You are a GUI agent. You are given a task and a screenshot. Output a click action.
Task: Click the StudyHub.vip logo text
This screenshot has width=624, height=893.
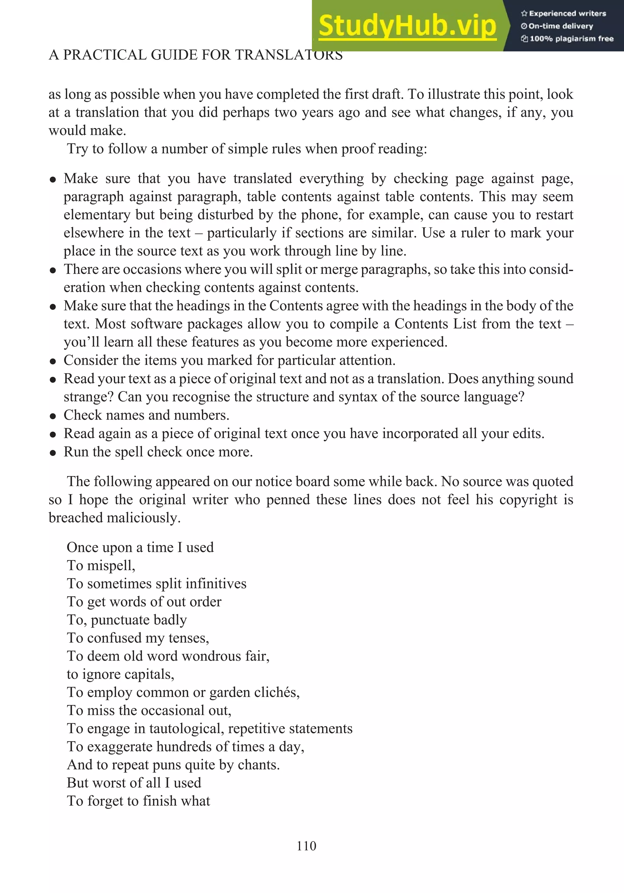coord(407,26)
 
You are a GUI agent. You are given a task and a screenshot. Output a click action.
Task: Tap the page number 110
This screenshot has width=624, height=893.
coord(306,846)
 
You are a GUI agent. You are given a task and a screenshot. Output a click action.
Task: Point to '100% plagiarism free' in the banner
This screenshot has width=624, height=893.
coord(571,39)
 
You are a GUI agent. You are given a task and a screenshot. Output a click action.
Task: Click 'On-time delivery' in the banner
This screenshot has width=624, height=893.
coord(561,26)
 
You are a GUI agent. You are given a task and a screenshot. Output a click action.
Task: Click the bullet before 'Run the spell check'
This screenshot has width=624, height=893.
coord(53,453)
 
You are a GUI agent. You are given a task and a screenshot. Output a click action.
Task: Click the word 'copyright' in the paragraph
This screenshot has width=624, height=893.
coord(528,500)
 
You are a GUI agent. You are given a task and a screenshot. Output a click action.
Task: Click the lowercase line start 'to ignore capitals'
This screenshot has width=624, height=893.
coord(120,674)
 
